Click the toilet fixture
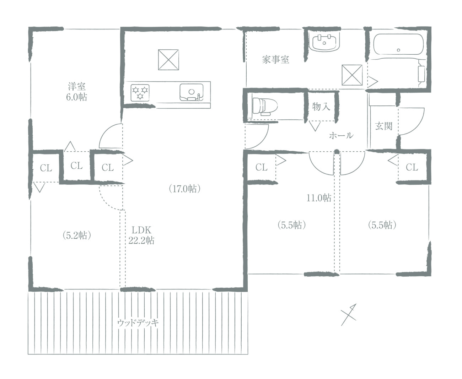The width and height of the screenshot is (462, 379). coord(265,107)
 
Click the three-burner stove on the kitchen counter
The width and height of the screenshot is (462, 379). coord(140,93)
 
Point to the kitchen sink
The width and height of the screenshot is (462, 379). coord(192,92)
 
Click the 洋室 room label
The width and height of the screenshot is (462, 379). coord(77,86)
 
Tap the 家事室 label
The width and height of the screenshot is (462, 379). coord(275,60)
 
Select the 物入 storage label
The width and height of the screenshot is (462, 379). coord(321,107)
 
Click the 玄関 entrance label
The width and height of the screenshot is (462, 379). coord(383,126)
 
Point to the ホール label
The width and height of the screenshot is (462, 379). coord(341,136)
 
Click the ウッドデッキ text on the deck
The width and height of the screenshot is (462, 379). coord(138,323)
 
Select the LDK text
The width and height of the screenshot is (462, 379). coord(141,230)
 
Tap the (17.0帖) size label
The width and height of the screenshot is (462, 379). coord(185,189)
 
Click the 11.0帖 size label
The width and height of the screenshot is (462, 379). coord(319,198)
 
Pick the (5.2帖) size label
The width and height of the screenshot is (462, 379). coord(77,235)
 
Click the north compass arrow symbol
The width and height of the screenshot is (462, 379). coord(349,315)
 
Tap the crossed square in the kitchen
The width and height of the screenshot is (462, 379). coord(168,60)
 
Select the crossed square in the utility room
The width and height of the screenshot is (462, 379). coord(352,75)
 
